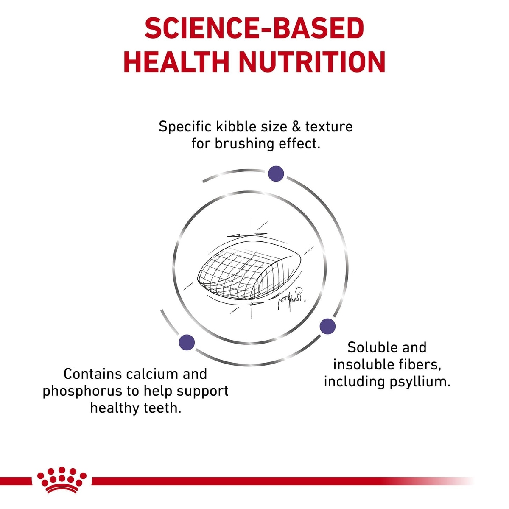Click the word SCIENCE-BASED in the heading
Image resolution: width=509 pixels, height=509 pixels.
pos(255,28)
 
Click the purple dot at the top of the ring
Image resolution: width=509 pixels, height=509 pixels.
pos(276,173)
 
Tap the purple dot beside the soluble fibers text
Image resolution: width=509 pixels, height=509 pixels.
pos(327,326)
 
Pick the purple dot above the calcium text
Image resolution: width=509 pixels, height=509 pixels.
pos(187,342)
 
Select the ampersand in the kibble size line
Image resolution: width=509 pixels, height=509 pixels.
pos(296,127)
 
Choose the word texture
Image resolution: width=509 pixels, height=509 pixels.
pos(329,127)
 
